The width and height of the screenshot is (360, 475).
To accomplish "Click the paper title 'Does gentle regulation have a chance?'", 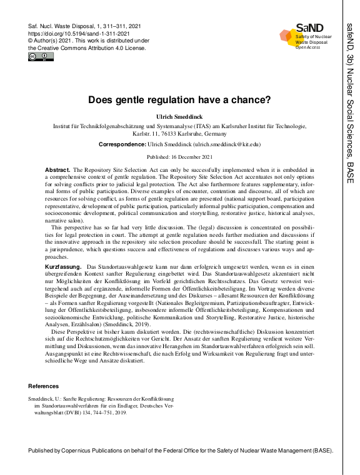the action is click(x=179, y=99).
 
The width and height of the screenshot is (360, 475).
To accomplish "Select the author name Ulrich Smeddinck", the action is click(x=179, y=116).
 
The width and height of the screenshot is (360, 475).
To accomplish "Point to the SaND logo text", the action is click(x=310, y=28).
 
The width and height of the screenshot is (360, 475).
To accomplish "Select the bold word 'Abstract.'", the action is click(x=57, y=170).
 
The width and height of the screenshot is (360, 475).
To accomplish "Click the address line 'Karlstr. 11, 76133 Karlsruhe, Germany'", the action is click(x=179, y=132).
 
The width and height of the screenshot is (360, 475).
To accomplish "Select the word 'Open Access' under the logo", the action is click(x=307, y=47).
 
